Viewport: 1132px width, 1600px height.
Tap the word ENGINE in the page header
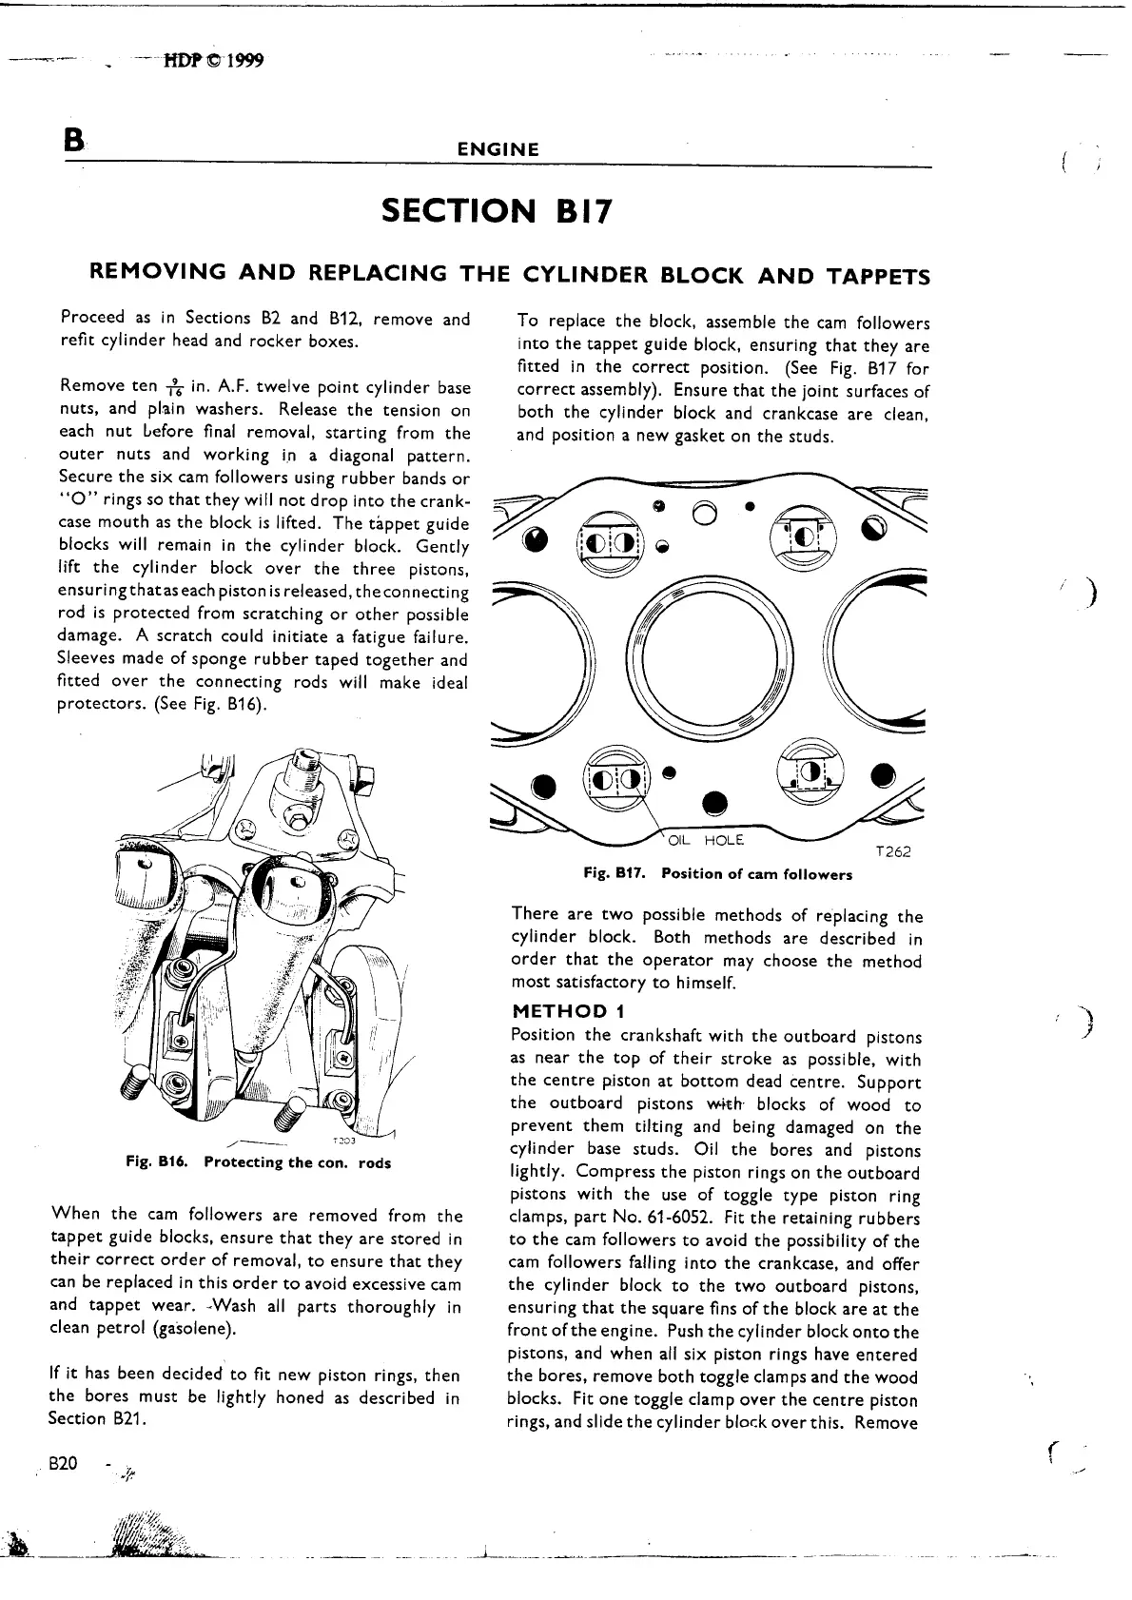pyautogui.click(x=498, y=149)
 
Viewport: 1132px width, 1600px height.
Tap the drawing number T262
pyautogui.click(x=892, y=852)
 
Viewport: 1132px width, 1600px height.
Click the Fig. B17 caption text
pyautogui.click(x=718, y=874)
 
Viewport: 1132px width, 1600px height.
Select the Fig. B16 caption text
pyautogui.click(x=258, y=1162)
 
